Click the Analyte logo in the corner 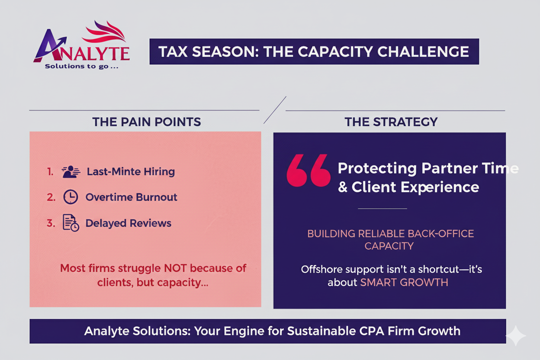tap(81, 45)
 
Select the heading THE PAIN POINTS tap(147, 122)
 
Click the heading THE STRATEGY tap(391, 122)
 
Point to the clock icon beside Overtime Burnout tap(71, 197)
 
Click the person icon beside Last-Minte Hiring tap(71, 172)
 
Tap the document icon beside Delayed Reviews tap(71, 223)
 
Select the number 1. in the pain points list tap(50, 172)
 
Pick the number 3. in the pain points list tap(51, 223)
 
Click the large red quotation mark tap(309, 170)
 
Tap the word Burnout tap(157, 197)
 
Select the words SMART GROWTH tap(404, 283)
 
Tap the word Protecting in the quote tap(377, 168)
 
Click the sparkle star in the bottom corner tap(516, 335)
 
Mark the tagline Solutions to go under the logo tap(82, 66)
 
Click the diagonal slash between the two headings tap(275, 110)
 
